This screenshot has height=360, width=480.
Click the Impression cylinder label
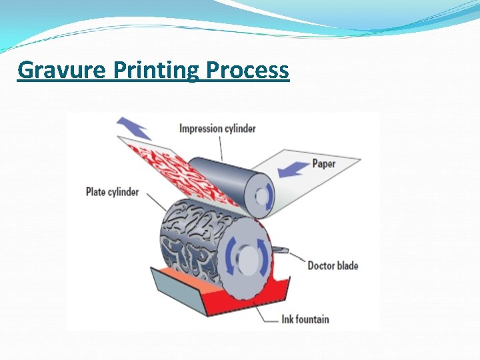[x=217, y=128]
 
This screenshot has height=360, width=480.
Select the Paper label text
[x=323, y=163]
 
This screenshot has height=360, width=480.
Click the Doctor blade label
[x=333, y=265]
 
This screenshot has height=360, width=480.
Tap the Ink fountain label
[x=304, y=319]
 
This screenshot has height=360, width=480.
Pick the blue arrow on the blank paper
[x=293, y=168]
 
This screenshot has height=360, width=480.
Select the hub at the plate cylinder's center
[x=247, y=256]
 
